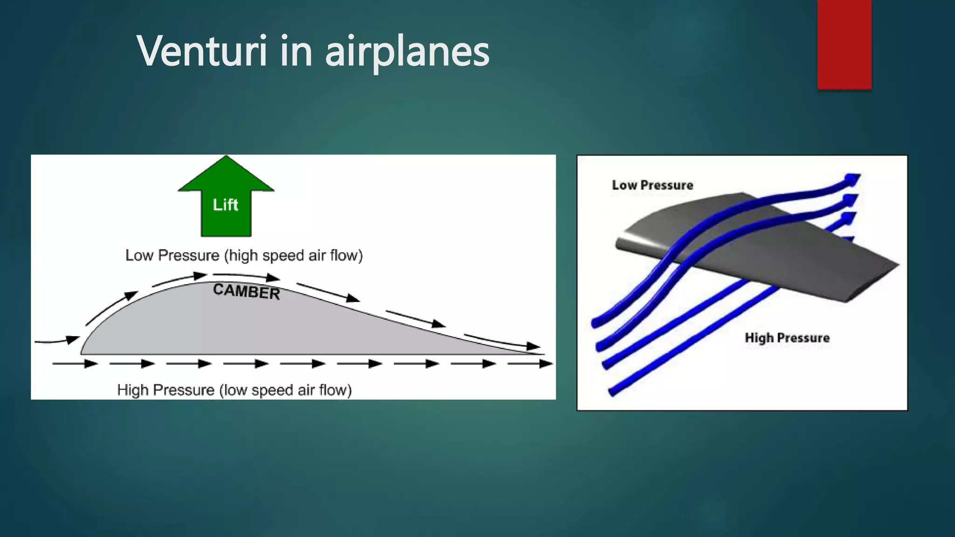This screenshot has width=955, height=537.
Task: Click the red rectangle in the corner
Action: [x=844, y=44]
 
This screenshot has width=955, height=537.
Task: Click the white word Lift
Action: [x=226, y=205]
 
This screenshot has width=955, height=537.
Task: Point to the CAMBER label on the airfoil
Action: [x=246, y=292]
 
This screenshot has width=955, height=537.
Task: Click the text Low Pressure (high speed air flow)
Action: [x=244, y=255]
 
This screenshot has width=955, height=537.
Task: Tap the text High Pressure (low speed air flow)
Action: [x=234, y=390]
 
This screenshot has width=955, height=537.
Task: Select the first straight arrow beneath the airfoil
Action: [x=75, y=364]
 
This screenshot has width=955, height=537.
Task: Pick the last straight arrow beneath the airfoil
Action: [x=529, y=364]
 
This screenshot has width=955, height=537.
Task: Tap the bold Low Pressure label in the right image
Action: [x=652, y=185]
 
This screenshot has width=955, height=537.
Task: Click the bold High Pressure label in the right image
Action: [x=787, y=337]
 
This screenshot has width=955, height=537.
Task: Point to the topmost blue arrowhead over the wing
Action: [x=852, y=179]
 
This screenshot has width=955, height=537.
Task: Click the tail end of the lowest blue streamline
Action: [x=612, y=392]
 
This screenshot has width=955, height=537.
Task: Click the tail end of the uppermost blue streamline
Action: [x=595, y=322]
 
